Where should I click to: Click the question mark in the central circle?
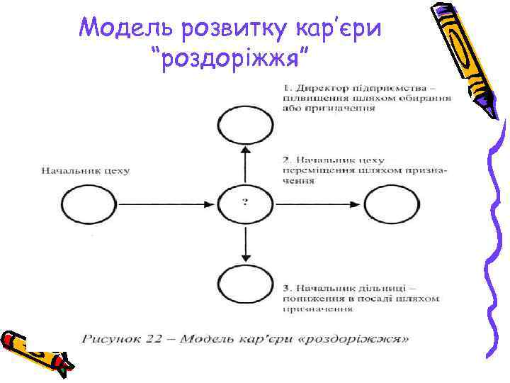pyautogui.click(x=245, y=203)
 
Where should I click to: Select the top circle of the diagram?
pyautogui.click(x=245, y=127)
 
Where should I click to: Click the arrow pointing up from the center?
pyautogui.click(x=245, y=162)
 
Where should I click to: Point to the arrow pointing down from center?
pyautogui.click(x=245, y=241)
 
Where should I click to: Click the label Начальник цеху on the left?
pyautogui.click(x=85, y=170)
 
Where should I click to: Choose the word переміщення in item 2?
pyautogui.click(x=312, y=170)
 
